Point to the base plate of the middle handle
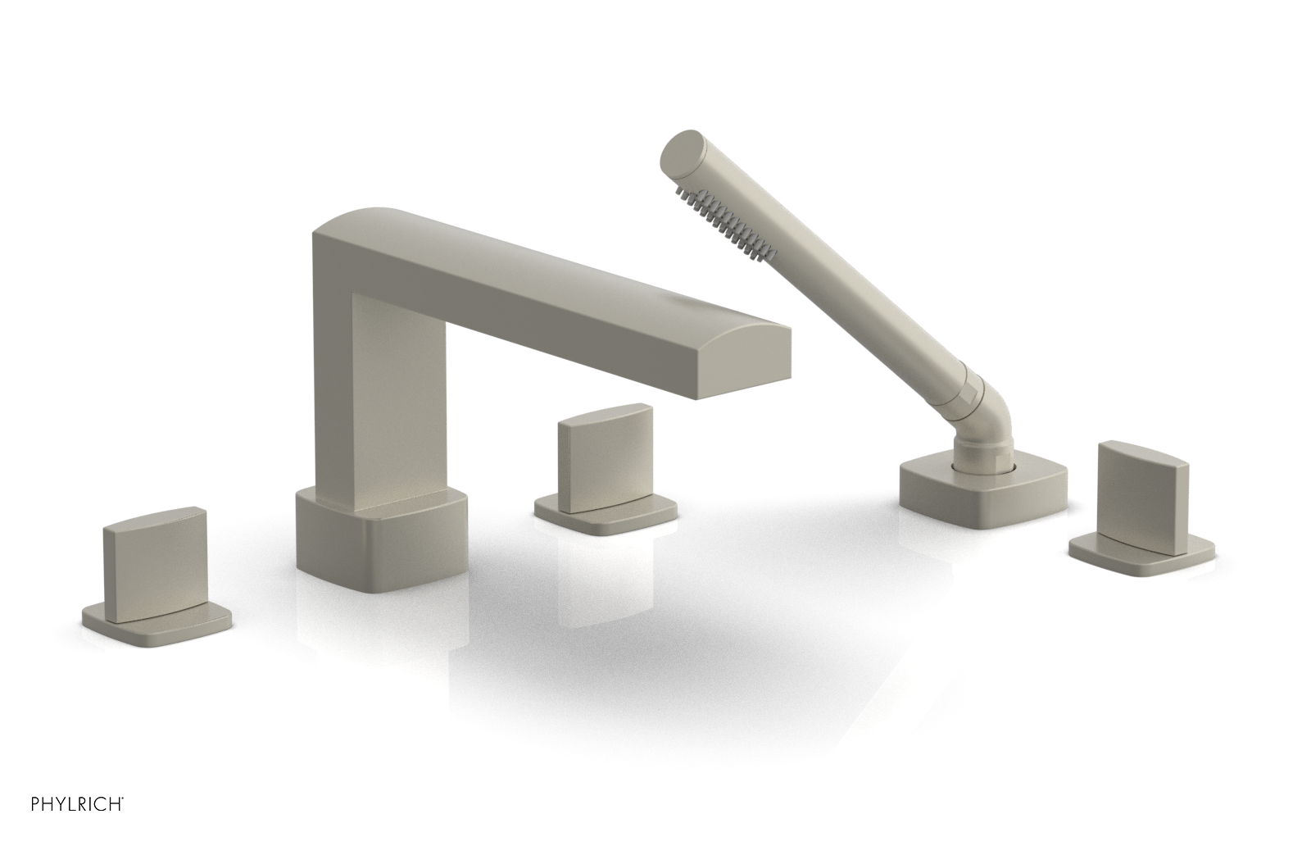tap(606, 509)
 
